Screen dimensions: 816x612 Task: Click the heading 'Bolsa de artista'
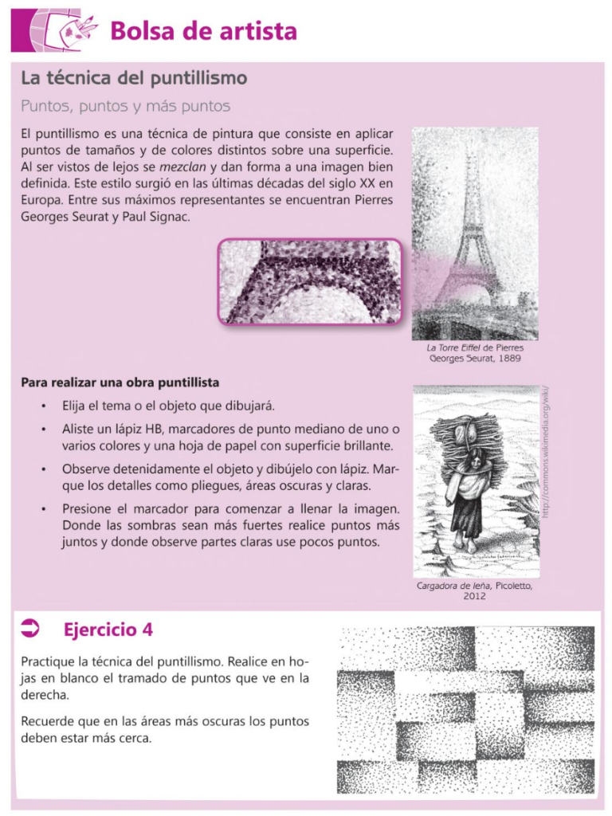tap(203, 31)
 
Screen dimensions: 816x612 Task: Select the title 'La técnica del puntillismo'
tap(134, 78)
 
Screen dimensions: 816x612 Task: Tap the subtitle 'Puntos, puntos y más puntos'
tap(125, 106)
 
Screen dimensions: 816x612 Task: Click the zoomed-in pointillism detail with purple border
tap(311, 281)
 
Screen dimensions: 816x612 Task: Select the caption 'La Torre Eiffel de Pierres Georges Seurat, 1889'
tap(475, 353)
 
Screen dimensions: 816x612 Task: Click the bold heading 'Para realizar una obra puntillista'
tap(120, 382)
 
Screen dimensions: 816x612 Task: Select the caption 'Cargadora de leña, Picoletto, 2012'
tap(475, 590)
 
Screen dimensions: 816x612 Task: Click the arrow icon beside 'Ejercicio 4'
tap(31, 630)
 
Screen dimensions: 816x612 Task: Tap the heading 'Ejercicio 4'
tap(108, 630)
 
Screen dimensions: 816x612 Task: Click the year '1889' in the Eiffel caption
tap(505, 359)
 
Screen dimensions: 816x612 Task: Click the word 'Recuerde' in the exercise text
tap(49, 721)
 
